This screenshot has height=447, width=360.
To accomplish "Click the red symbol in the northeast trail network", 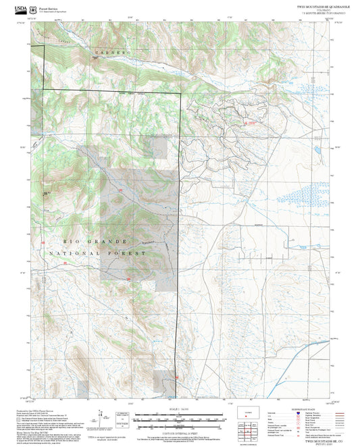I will click(252, 124).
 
